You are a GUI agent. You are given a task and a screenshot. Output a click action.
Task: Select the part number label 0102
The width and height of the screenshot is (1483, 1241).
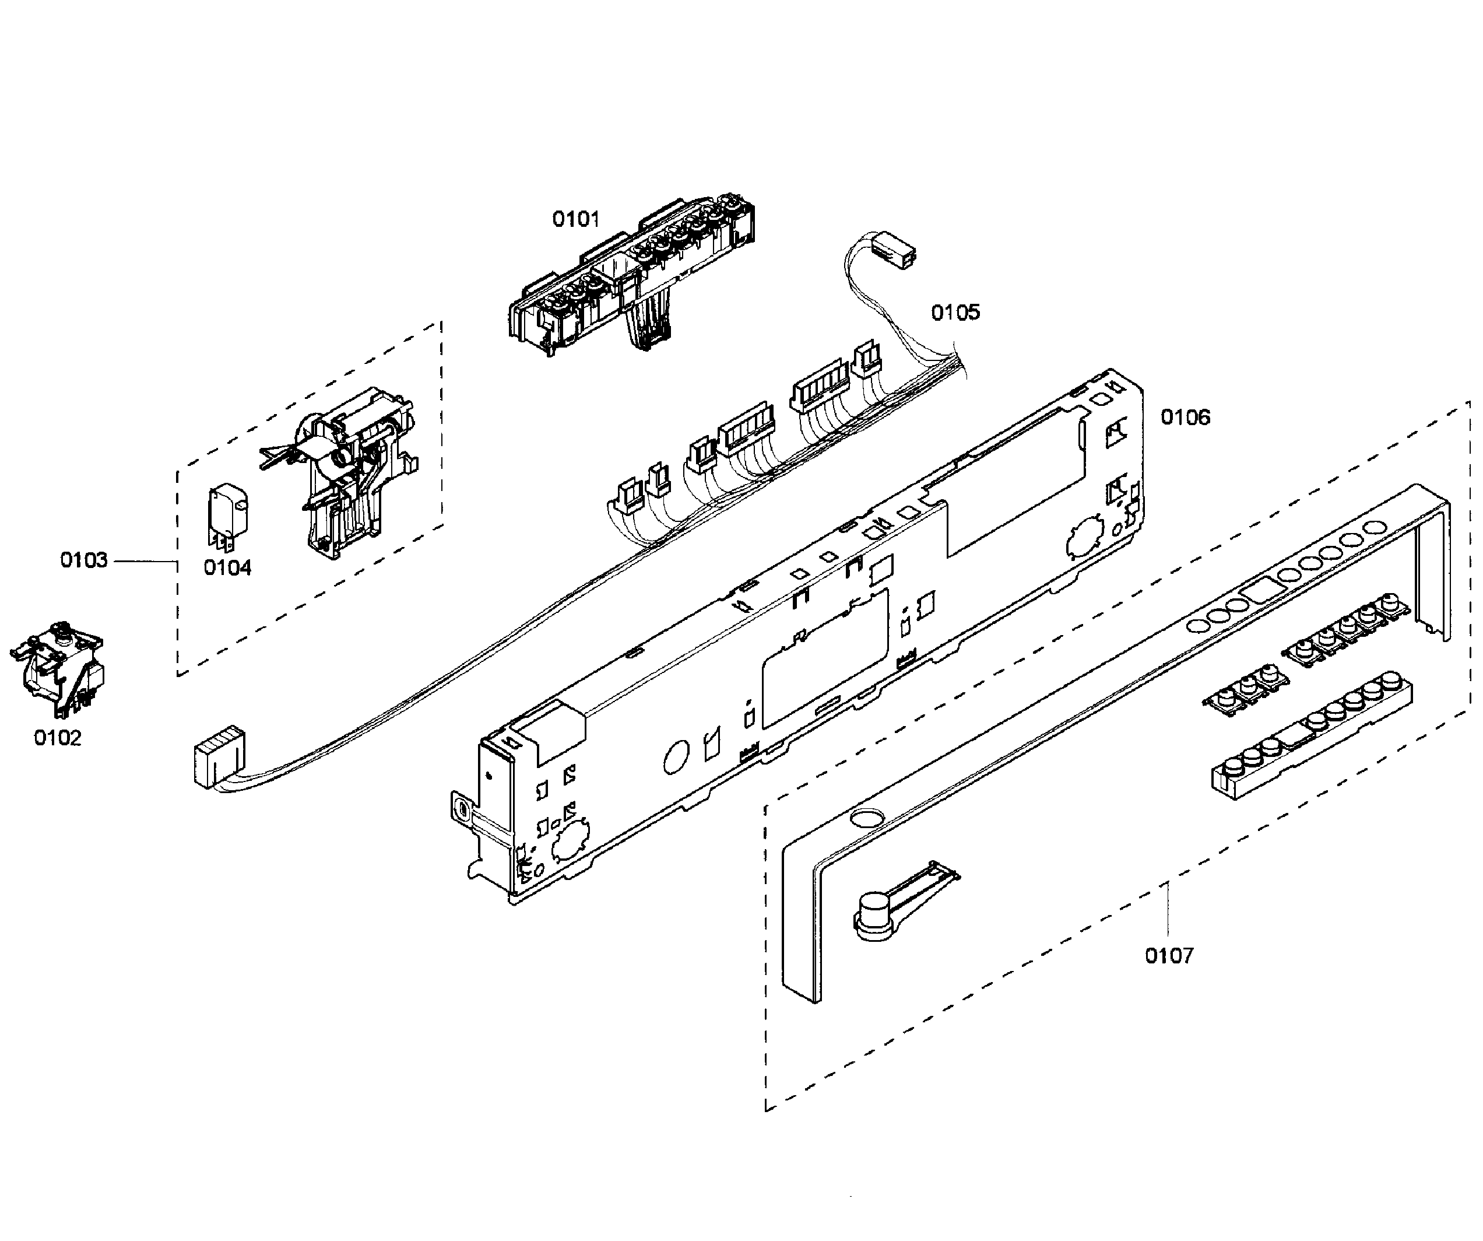click(57, 738)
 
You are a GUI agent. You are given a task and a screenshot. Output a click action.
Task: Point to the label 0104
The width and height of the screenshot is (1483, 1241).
click(227, 568)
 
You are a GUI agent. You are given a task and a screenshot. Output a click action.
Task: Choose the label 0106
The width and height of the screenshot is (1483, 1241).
click(1185, 418)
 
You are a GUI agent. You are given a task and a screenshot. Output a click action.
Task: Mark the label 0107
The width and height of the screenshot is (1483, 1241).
click(1169, 956)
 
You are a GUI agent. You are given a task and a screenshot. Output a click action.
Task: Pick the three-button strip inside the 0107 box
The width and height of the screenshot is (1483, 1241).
click(1246, 686)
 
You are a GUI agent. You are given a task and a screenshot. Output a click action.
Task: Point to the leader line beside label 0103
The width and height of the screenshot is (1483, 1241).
click(145, 561)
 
